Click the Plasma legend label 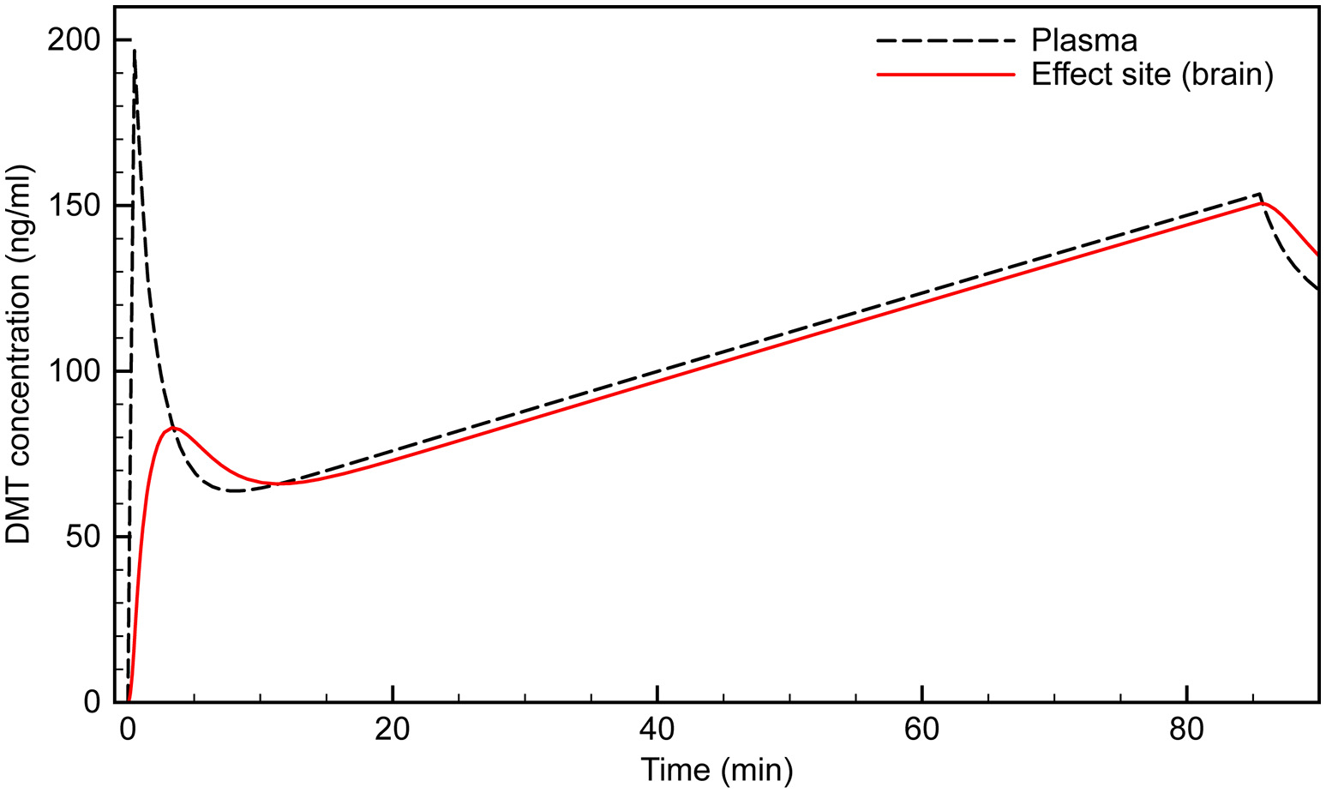tap(1084, 40)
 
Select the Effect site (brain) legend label tap(1152, 75)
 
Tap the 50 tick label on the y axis tap(85, 538)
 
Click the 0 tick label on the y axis tap(93, 702)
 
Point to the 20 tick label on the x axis tap(393, 730)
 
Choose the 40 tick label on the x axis tap(657, 730)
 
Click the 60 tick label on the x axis tap(921, 730)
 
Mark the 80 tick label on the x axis tap(1186, 730)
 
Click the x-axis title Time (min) tap(717, 770)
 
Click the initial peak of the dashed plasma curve tap(135, 50)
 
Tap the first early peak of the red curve tap(174, 427)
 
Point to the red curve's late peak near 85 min tap(1262, 203)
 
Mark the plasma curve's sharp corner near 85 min tap(1259, 194)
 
